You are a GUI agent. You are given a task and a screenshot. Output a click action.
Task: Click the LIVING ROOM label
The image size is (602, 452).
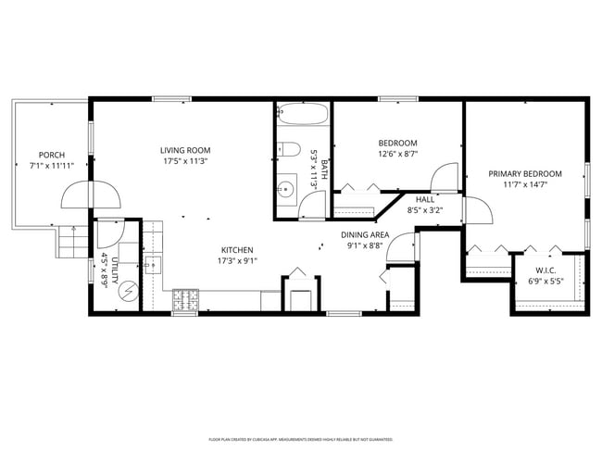[184, 150]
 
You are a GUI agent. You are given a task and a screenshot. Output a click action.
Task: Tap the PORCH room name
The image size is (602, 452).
[51, 155]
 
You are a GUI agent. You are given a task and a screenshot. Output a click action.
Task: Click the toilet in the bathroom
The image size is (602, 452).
[290, 150]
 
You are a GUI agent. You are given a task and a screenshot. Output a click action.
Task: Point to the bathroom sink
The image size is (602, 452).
[286, 190]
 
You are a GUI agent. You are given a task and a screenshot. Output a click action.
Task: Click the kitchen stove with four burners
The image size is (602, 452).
[185, 300]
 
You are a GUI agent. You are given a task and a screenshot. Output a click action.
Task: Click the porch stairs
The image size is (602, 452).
[73, 244]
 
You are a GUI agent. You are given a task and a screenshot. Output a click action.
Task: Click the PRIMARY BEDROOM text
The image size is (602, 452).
[525, 173]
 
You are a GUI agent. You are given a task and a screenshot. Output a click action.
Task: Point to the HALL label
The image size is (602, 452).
[425, 199]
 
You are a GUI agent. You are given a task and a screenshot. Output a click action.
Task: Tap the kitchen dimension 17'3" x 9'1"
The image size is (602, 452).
[237, 260]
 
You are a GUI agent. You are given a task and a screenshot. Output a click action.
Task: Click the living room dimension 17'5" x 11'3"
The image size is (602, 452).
[184, 161]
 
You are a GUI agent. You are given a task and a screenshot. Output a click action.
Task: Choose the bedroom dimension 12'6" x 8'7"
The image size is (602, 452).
[398, 154]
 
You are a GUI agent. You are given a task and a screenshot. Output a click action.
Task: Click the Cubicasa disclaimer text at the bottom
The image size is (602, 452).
[300, 439]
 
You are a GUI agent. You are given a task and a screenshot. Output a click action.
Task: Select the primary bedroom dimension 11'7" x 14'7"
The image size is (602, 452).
[525, 184]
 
